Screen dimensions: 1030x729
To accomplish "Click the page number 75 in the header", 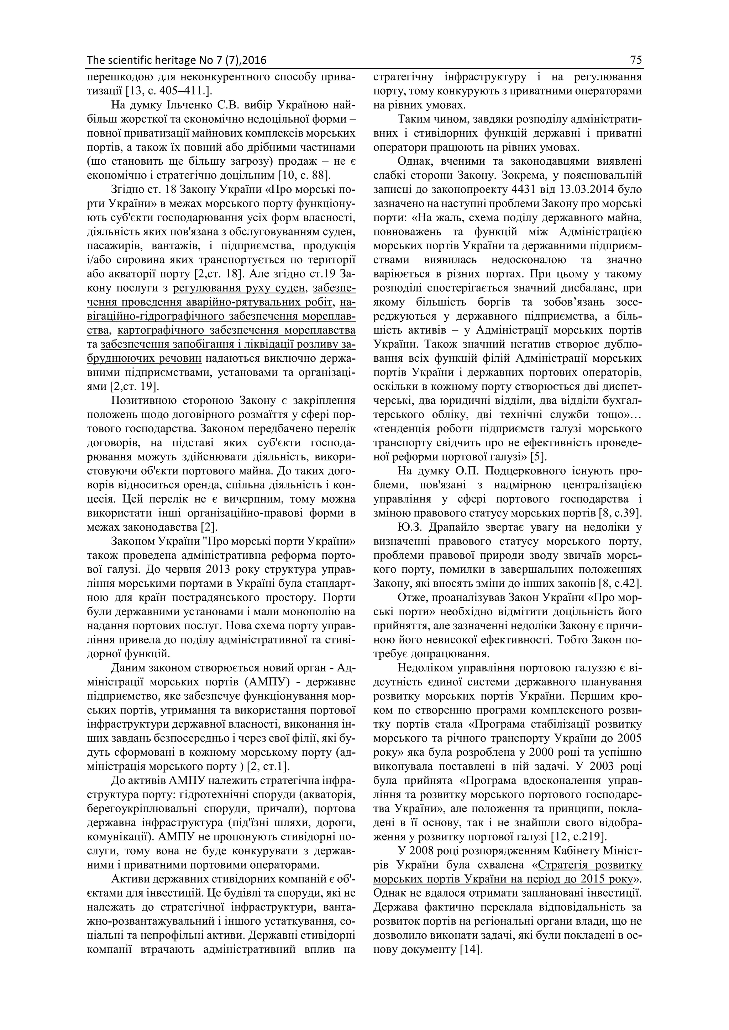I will pyautogui.click(x=636, y=60).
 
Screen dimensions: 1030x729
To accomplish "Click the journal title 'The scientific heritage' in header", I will pyautogui.click(x=141, y=60).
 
